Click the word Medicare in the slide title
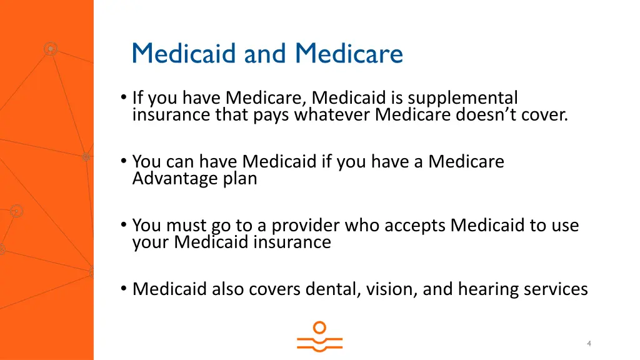[x=349, y=53]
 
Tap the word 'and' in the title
[x=267, y=53]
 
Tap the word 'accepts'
[x=415, y=225]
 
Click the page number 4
[x=589, y=344]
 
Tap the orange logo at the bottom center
[x=319, y=337]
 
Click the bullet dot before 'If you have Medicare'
[x=124, y=98]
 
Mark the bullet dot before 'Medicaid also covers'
[x=124, y=289]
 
